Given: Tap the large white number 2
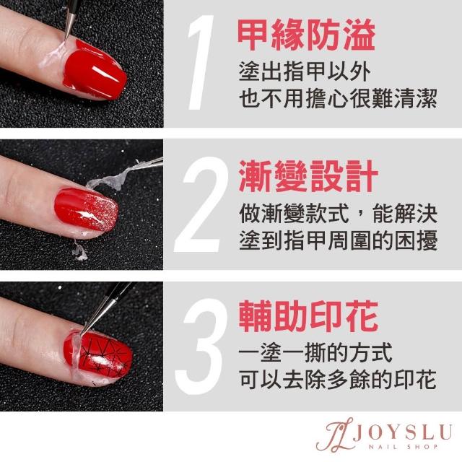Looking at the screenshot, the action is pos(201,204).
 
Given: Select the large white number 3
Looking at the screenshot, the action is pos(201,346).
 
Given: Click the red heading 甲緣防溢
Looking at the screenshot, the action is pos(306,35).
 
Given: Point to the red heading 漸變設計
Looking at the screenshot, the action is pos(308,177).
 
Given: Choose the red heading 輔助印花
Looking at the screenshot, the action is pos(308,317).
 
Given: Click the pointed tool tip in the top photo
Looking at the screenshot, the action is pos(66,40).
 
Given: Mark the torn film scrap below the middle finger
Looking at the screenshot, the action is pos(79,252).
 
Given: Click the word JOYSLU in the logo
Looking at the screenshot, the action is pos(402,433).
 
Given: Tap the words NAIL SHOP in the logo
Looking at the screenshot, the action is pos(403,447).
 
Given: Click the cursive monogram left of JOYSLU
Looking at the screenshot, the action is pos(335,435).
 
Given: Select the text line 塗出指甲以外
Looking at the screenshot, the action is pos(305,71).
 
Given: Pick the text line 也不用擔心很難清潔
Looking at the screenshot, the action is pos(338,98).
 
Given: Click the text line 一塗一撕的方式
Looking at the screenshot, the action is pos(315,352).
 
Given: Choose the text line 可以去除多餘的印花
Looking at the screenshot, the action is pos(338,380).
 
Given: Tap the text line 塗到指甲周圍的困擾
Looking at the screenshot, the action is pos(338,240).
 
